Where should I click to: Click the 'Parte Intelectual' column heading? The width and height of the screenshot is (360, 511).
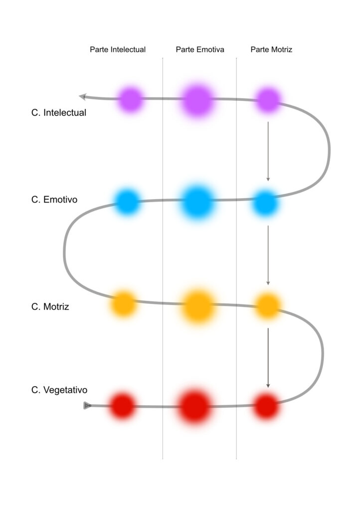tap(118, 49)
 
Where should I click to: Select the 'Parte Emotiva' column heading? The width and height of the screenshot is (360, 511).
tap(200, 49)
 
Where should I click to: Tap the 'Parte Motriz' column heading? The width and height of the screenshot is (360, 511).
tap(271, 49)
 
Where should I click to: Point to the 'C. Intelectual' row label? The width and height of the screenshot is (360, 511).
tap(59, 113)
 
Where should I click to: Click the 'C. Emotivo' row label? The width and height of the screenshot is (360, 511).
tap(54, 200)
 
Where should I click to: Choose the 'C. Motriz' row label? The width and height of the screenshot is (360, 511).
tap(50, 307)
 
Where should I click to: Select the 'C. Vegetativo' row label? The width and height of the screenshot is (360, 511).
tap(59, 390)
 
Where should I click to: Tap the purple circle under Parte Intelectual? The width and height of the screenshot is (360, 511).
tap(130, 99)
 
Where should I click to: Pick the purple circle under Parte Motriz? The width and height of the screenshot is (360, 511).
tap(268, 100)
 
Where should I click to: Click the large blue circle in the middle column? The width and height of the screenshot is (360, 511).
tap(197, 202)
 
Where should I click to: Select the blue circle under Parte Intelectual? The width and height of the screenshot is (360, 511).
tap(127, 202)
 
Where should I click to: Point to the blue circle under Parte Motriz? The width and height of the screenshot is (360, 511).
tap(266, 204)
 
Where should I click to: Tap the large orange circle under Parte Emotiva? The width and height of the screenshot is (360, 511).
tap(198, 306)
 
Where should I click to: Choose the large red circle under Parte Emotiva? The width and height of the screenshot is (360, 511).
tap(194, 406)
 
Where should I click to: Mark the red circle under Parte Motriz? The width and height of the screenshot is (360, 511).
tap(266, 406)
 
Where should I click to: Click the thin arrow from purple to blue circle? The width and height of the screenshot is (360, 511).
tap(268, 151)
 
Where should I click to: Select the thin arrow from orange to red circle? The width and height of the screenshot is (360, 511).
tap(268, 358)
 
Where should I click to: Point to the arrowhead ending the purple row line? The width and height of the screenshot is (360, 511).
tap(83, 96)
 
